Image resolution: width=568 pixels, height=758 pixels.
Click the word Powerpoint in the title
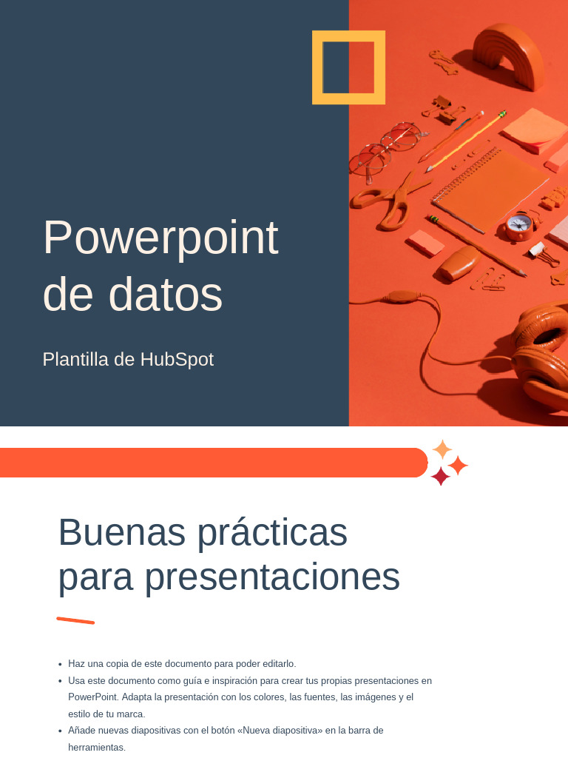160,238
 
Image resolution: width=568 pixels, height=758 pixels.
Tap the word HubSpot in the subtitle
177,360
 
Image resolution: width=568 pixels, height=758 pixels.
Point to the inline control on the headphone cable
400,296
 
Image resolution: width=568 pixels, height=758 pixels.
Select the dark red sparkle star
440,477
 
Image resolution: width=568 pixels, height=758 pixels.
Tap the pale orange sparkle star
442,449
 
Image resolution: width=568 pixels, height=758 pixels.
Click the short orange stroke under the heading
75,620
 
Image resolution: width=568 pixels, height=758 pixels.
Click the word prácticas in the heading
272,532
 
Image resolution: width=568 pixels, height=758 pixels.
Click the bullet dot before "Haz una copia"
60,665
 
